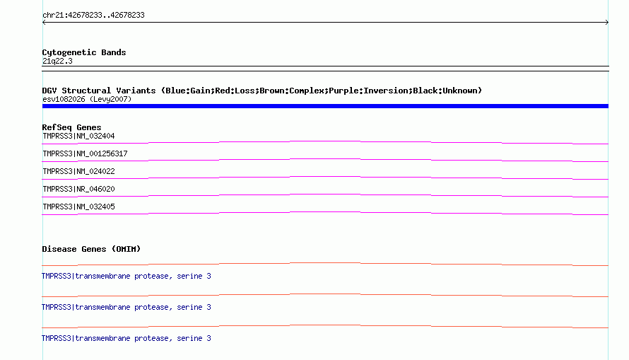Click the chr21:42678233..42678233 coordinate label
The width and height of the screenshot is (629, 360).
click(93, 16)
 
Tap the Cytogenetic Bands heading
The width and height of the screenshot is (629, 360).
click(84, 52)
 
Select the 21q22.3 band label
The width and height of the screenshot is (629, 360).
click(57, 61)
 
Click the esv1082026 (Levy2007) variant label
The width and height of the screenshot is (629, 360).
click(87, 99)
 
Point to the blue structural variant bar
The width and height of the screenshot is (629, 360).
click(325, 106)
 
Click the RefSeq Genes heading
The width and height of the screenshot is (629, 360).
click(71, 127)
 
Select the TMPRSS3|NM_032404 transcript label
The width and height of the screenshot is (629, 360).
click(78, 136)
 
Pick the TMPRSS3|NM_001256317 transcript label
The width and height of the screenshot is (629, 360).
click(85, 153)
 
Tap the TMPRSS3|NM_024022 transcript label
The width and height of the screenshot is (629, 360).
click(78, 171)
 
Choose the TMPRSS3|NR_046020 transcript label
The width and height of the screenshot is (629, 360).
click(78, 189)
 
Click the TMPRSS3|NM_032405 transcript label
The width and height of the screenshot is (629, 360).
click(78, 207)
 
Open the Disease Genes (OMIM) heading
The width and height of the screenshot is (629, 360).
click(91, 249)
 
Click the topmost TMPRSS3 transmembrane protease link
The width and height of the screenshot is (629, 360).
click(127, 276)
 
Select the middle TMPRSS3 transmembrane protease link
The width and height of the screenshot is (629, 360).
click(127, 308)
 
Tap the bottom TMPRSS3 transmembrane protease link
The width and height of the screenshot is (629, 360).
click(127, 338)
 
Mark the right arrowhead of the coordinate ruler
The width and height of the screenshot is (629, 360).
click(607, 23)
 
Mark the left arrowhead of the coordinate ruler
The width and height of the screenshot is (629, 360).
click(44, 23)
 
